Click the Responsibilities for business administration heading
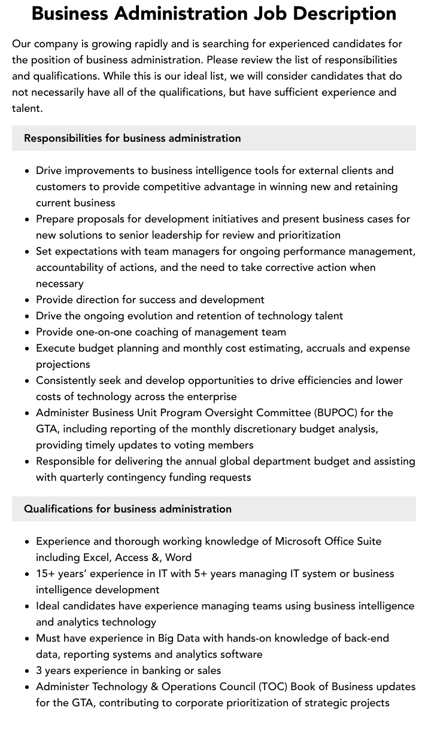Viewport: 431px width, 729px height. [x=132, y=138]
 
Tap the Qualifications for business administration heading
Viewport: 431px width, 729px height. [x=128, y=509]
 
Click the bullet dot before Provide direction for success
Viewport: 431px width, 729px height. [x=28, y=300]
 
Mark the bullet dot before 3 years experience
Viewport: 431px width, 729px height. [x=28, y=671]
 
